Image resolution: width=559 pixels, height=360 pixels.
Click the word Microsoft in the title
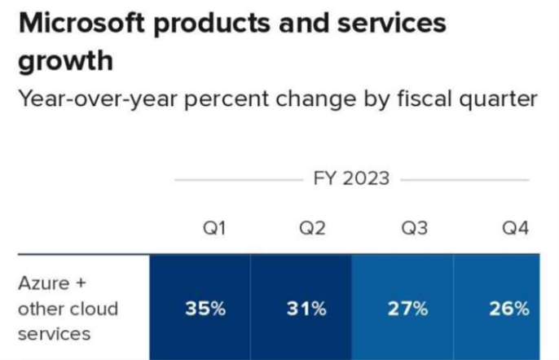tap(81, 24)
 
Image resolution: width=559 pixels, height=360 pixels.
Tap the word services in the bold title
tap(391, 24)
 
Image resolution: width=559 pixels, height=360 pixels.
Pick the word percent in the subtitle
tap(227, 100)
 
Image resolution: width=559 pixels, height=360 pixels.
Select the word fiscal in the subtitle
tap(425, 99)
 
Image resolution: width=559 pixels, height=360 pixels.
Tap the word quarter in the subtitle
tap(499, 100)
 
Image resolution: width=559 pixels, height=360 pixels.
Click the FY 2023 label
tap(351, 178)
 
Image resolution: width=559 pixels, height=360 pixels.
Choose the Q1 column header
tap(214, 228)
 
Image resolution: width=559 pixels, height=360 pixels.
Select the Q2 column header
tap(312, 228)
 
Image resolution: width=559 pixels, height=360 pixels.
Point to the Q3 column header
tap(414, 228)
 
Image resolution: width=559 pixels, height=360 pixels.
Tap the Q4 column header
tap(515, 228)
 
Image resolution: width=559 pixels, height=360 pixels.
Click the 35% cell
tap(205, 309)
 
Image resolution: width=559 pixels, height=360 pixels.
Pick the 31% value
tap(306, 309)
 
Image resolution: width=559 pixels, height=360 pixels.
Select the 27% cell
tap(407, 309)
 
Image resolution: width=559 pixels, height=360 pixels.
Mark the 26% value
tap(509, 309)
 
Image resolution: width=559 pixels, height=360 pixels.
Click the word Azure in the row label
tap(44, 283)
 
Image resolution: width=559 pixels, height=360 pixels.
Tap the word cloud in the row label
tap(95, 309)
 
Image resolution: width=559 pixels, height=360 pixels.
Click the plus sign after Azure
tap(81, 283)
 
